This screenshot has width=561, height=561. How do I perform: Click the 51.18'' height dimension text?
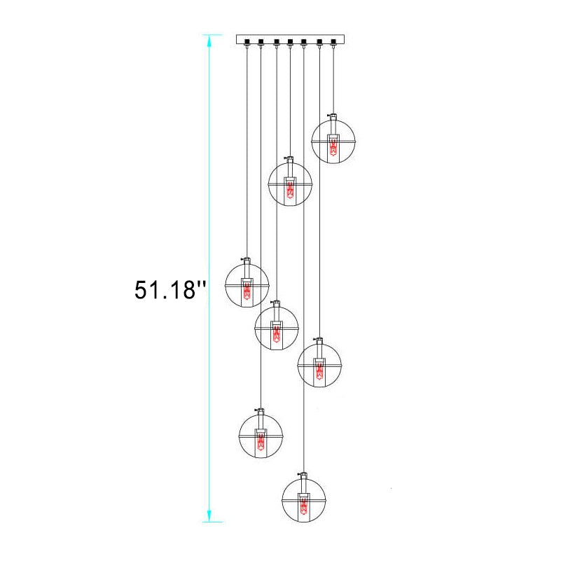pyautogui.click(x=171, y=289)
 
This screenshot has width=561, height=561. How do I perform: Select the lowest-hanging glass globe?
pyautogui.click(x=304, y=499)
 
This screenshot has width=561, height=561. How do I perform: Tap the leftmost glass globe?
pyautogui.click(x=247, y=285)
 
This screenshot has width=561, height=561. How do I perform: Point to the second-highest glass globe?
pyautogui.click(x=290, y=183)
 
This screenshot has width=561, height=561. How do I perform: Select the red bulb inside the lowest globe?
pyautogui.click(x=304, y=506)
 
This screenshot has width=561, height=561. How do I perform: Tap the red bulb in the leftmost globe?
pyautogui.click(x=247, y=293)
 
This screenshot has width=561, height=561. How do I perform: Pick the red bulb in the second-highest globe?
pyautogui.click(x=290, y=190)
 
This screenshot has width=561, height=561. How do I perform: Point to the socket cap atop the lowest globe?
pyautogui.click(x=304, y=476)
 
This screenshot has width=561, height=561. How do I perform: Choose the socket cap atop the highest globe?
pyautogui.click(x=333, y=117)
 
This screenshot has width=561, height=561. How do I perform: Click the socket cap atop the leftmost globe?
pyautogui.click(x=247, y=261)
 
